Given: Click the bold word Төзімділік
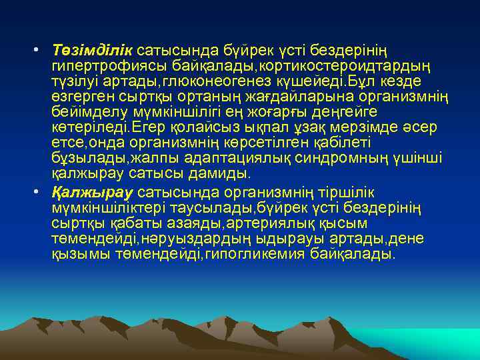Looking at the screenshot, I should pos(93,51).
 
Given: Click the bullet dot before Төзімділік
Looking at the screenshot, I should pos(39,51).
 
